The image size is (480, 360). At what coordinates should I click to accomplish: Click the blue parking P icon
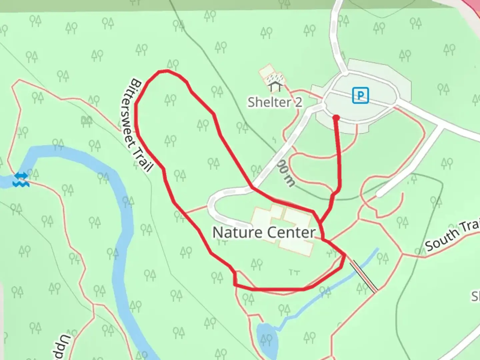click(360, 95)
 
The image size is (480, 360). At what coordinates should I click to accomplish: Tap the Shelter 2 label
click(275, 102)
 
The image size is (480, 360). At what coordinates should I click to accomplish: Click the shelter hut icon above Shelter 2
click(275, 87)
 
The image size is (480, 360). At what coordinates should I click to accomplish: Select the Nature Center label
click(264, 232)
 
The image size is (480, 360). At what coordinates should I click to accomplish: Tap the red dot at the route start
click(336, 118)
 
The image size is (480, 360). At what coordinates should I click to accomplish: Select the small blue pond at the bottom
click(267, 338)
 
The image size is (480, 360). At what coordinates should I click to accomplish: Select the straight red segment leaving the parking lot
click(339, 153)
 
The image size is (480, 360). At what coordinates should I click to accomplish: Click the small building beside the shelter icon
click(266, 72)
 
